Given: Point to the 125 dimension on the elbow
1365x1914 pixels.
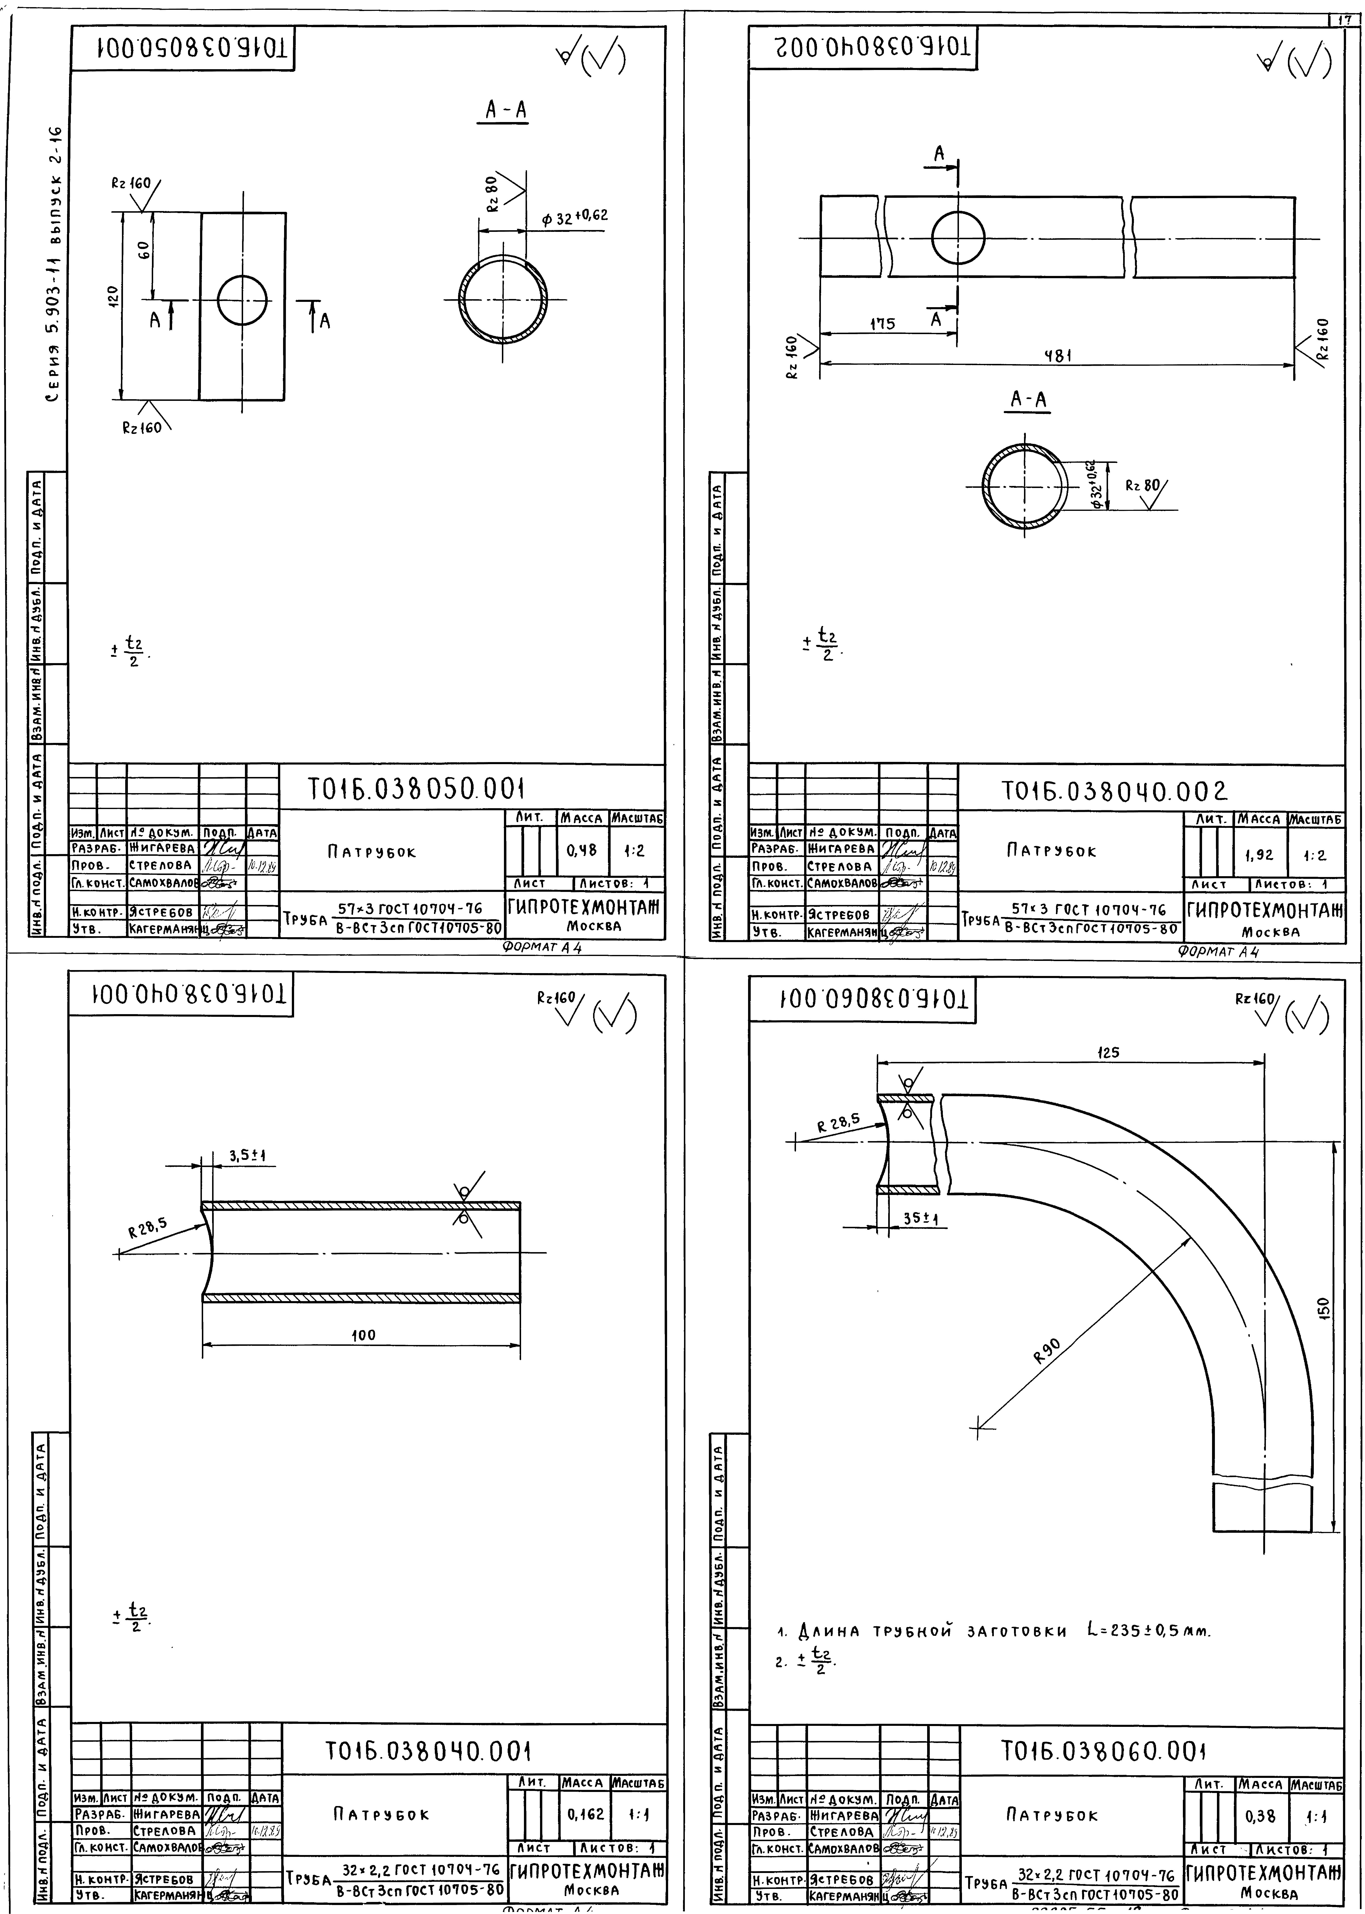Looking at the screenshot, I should [x=1109, y=1052].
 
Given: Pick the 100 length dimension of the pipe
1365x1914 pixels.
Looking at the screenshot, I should [x=363, y=1335].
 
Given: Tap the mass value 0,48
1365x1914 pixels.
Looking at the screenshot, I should [x=582, y=850].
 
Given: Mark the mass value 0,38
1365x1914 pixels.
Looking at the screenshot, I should [x=1261, y=1816].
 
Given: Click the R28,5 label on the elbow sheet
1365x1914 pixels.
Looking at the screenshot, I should [x=838, y=1121].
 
